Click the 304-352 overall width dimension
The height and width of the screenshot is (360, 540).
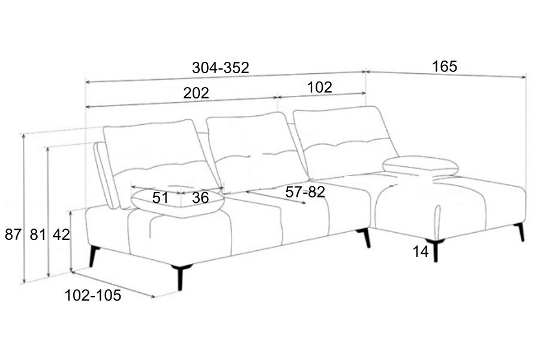tap(220, 68)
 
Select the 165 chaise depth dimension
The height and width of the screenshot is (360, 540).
tap(445, 66)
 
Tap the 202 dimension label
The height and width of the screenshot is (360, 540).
tap(196, 93)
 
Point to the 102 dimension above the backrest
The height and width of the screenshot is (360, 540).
tap(319, 87)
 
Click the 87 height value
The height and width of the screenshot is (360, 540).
tap(13, 235)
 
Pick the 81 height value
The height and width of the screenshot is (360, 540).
tap(38, 235)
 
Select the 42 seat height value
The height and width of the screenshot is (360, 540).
tap(61, 235)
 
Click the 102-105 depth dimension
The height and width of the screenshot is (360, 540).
tap(93, 295)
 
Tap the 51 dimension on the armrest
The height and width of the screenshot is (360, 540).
tap(160, 197)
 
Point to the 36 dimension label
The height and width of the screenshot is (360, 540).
tap(200, 197)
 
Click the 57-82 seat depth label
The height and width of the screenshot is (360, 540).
tap(305, 193)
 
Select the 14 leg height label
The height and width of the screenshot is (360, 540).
tap(421, 252)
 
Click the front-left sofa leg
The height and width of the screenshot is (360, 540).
tap(180, 277)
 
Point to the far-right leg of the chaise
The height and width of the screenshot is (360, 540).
tap(520, 232)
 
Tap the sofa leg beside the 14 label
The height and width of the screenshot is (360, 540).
tap(436, 251)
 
